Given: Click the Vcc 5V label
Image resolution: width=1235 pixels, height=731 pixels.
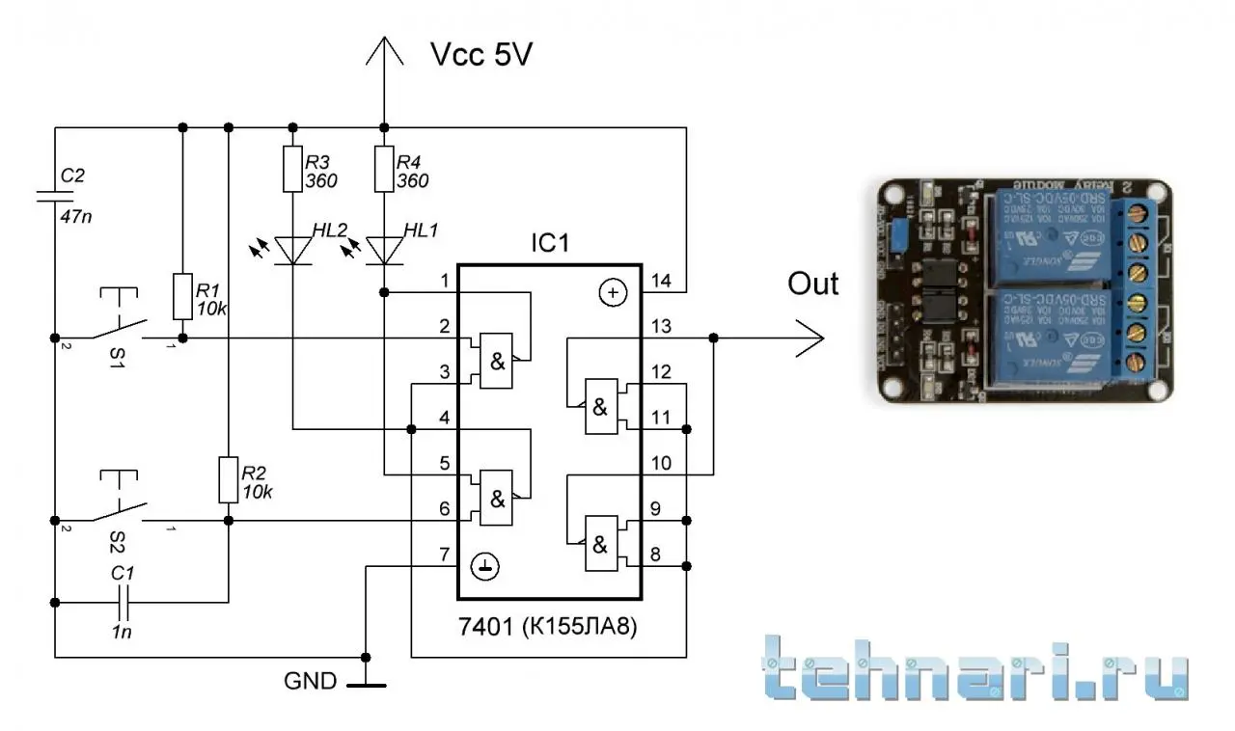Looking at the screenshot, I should click(480, 56).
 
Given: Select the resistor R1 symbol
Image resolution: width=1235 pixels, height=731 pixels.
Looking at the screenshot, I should click(181, 296).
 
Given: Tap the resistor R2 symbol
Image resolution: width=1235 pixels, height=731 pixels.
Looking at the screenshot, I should click(228, 479).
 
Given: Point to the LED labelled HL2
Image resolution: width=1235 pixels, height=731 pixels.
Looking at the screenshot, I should click(292, 250).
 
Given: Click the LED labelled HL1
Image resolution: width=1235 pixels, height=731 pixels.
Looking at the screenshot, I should click(384, 250).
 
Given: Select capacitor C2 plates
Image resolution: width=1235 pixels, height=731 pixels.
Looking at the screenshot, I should click(54, 198).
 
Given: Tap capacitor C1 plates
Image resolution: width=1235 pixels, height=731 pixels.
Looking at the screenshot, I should click(123, 603).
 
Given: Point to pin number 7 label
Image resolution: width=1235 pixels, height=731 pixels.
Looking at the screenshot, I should click(443, 555).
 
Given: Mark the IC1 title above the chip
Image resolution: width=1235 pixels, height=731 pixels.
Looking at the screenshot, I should click(550, 244).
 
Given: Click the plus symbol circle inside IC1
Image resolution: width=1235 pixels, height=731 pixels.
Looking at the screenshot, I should click(613, 292).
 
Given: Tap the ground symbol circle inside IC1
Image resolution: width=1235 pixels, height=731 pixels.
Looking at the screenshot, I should click(486, 568).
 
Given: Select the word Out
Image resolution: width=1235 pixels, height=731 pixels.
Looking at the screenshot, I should click(812, 284).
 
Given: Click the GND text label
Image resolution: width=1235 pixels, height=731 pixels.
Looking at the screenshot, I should click(310, 682).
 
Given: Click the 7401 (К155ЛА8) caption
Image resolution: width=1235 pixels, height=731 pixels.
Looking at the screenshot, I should click(549, 628).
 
